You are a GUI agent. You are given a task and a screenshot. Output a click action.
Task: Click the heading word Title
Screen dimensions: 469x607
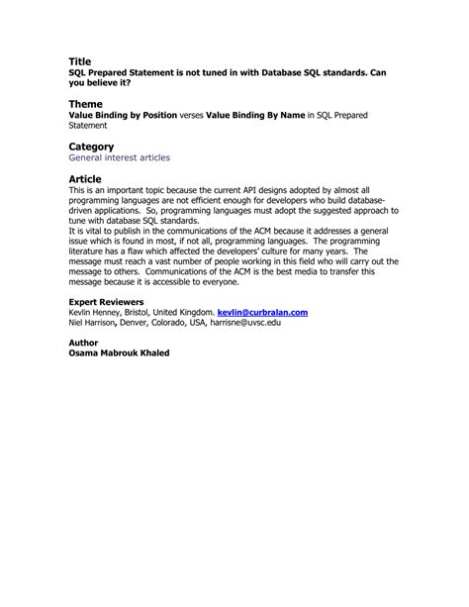(x=79, y=61)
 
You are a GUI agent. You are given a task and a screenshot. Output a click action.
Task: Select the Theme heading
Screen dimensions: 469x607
(x=85, y=103)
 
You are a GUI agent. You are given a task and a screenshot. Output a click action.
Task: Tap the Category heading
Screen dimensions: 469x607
(x=91, y=147)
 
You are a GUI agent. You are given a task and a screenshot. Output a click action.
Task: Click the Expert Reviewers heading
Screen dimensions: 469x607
(x=106, y=301)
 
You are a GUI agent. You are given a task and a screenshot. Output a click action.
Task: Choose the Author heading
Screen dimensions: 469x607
(x=84, y=342)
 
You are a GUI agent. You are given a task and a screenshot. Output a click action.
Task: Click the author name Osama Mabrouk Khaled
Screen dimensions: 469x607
(x=119, y=353)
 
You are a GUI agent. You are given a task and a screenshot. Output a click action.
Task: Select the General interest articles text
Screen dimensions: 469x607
(x=119, y=157)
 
